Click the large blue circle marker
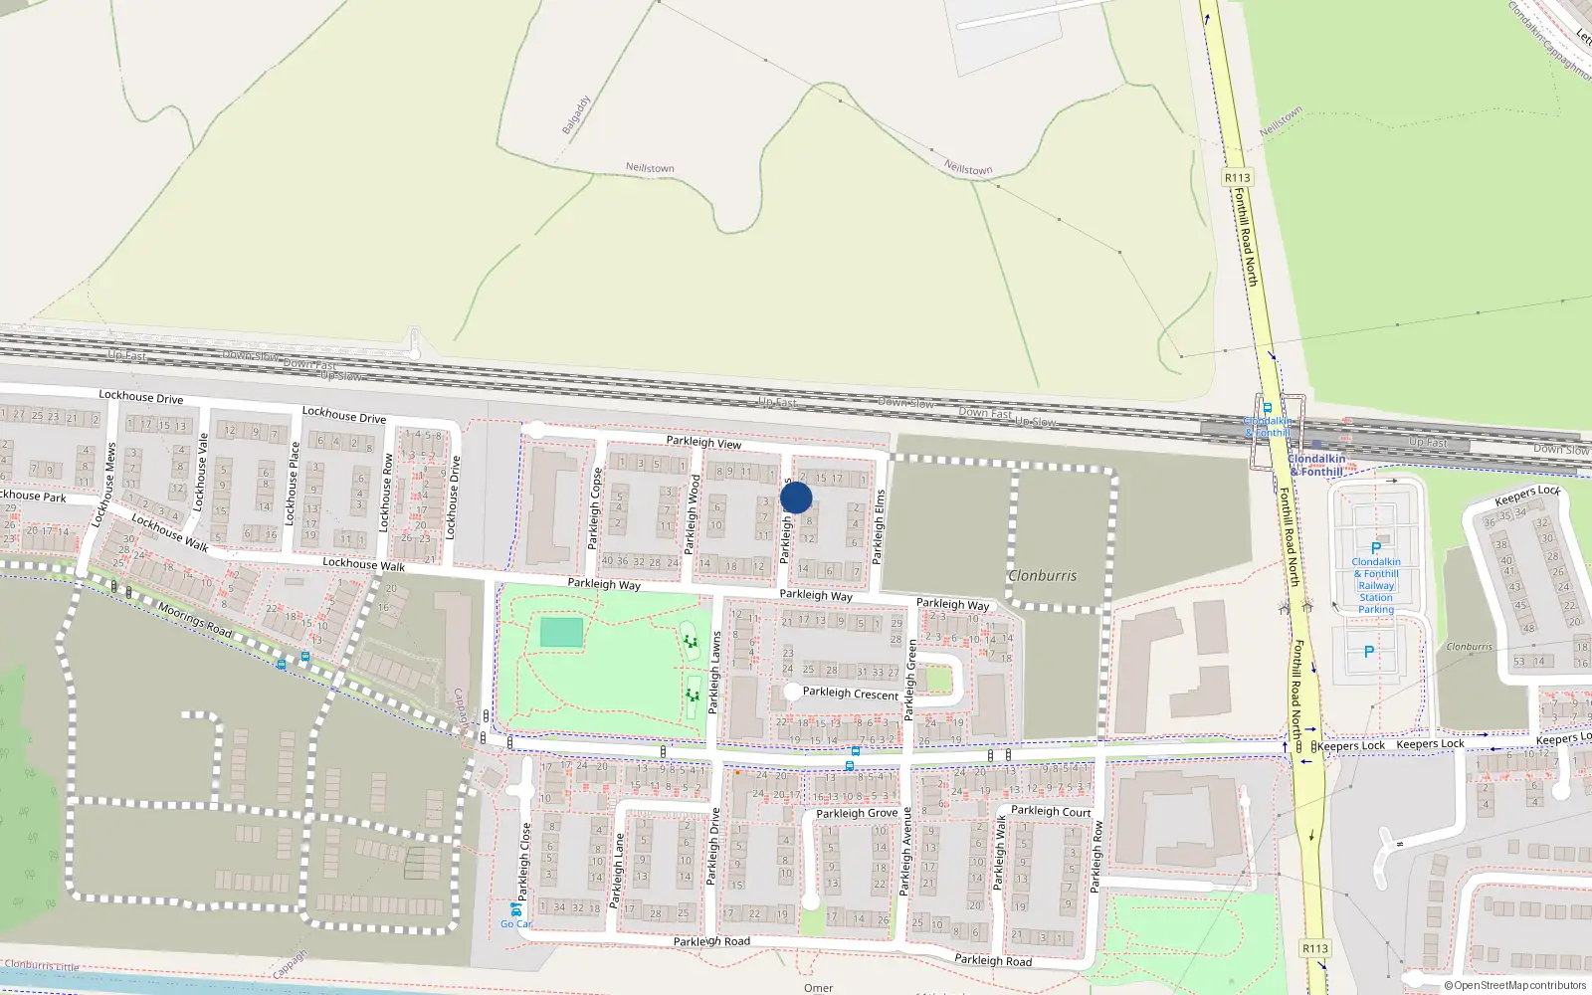tap(796, 497)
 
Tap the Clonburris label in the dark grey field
tap(1042, 575)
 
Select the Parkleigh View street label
tap(703, 442)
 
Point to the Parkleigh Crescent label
tap(851, 693)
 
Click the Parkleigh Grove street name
tap(857, 813)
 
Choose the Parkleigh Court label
tap(1051, 811)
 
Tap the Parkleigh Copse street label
tap(594, 508)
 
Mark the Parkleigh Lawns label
tap(714, 673)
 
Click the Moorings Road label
tap(195, 619)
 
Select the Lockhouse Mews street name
tap(105, 485)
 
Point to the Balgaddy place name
tap(576, 115)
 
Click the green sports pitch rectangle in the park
tap(562, 632)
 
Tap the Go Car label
tap(515, 924)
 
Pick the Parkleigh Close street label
tap(524, 859)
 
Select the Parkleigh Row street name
tap(1097, 856)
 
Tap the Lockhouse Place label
tap(292, 484)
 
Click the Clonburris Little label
tap(42, 965)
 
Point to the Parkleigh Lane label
tap(616, 870)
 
